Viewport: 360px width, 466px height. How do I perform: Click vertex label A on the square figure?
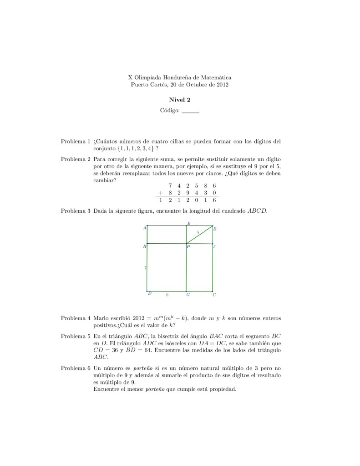[144, 228]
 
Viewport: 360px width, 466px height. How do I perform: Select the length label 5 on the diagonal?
[198, 232]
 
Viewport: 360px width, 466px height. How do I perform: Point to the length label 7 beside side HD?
[145, 268]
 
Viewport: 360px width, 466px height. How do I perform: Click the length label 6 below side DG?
[167, 295]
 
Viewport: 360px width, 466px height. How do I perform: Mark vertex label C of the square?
[214, 295]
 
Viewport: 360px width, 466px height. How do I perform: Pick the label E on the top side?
[189, 223]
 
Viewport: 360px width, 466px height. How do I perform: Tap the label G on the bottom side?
[188, 295]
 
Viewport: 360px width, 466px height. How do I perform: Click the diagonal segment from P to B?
[200, 234]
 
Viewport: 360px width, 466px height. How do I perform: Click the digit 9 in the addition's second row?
[188, 193]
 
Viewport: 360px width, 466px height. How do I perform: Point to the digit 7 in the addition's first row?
[170, 185]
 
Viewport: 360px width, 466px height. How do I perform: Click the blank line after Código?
[190, 111]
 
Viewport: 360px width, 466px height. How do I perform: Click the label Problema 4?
[76, 318]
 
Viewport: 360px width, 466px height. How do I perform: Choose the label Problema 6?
[76, 367]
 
